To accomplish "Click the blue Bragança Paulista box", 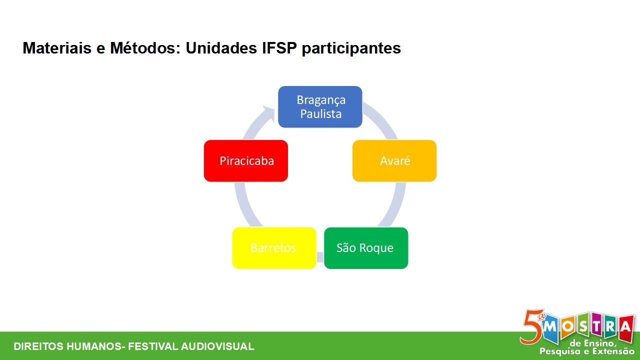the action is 320,106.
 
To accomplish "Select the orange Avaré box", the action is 394,160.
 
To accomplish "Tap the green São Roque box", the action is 366,248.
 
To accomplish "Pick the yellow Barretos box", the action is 274,248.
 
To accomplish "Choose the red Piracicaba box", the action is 246,160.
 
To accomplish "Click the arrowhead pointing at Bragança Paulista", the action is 268,111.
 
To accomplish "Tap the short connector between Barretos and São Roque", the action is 320,257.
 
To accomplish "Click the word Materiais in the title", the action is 57,48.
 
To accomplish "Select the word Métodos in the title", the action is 145,48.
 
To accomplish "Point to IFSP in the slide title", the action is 279,48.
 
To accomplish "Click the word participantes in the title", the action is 351,48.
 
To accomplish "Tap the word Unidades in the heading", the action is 221,48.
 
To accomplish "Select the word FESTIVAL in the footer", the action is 153,346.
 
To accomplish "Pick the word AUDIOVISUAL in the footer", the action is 217,346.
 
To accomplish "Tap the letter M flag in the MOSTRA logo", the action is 550,328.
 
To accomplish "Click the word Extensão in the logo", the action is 613,351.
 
